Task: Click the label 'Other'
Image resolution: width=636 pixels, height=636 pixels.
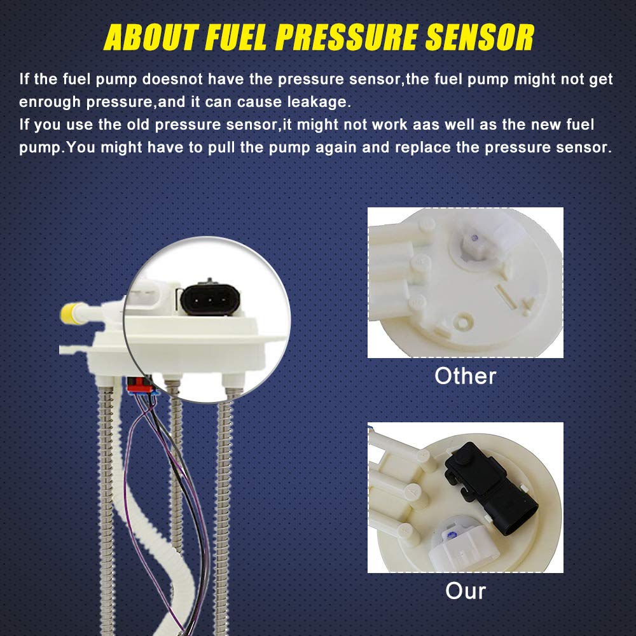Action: click(465, 376)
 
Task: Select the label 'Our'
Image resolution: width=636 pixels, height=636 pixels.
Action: click(466, 591)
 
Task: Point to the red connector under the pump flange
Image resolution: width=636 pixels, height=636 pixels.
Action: click(138, 384)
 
